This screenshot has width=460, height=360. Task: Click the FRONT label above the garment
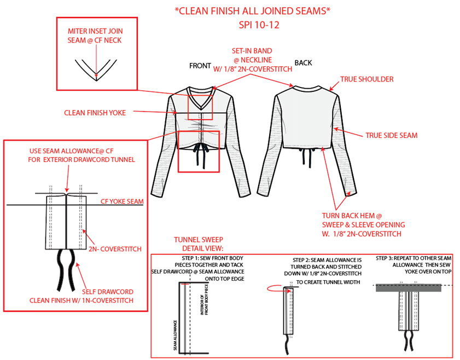[200, 66]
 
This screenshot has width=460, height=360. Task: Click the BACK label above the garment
[304, 63]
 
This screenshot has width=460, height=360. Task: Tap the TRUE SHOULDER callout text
[367, 79]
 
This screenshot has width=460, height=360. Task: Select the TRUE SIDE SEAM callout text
[392, 135]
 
